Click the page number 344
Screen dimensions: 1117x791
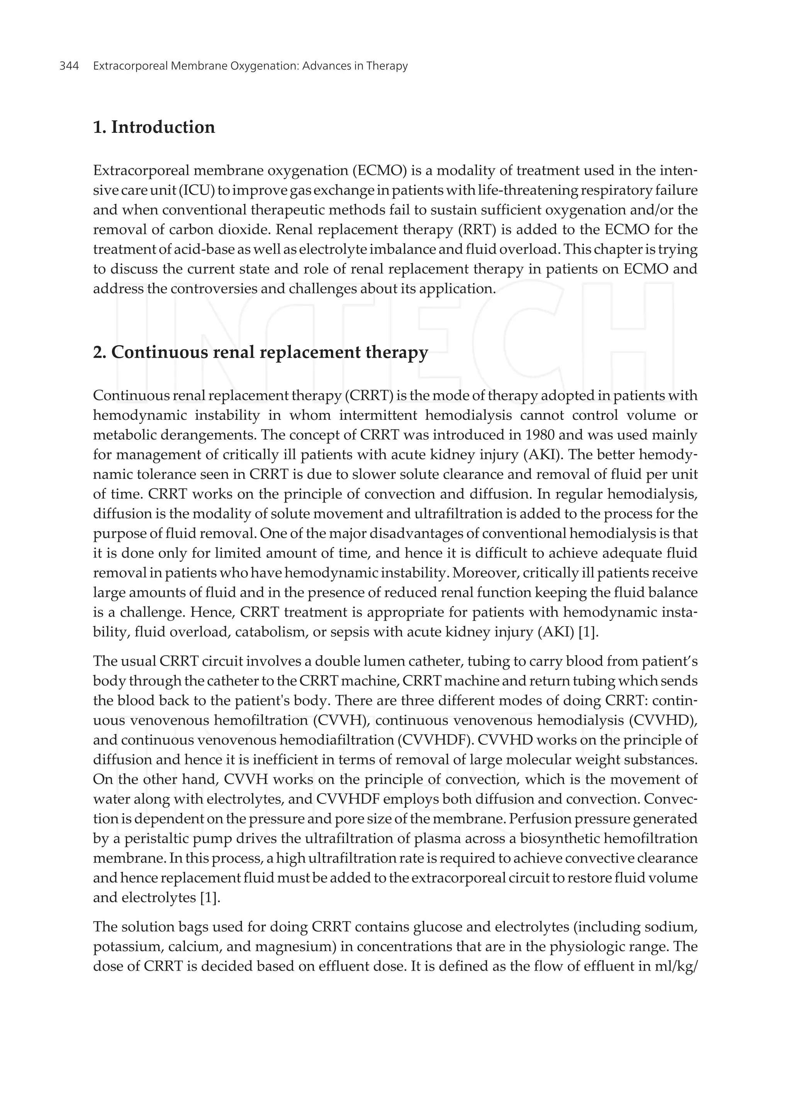click(x=69, y=66)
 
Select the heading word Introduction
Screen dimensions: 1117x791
click(x=163, y=127)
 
